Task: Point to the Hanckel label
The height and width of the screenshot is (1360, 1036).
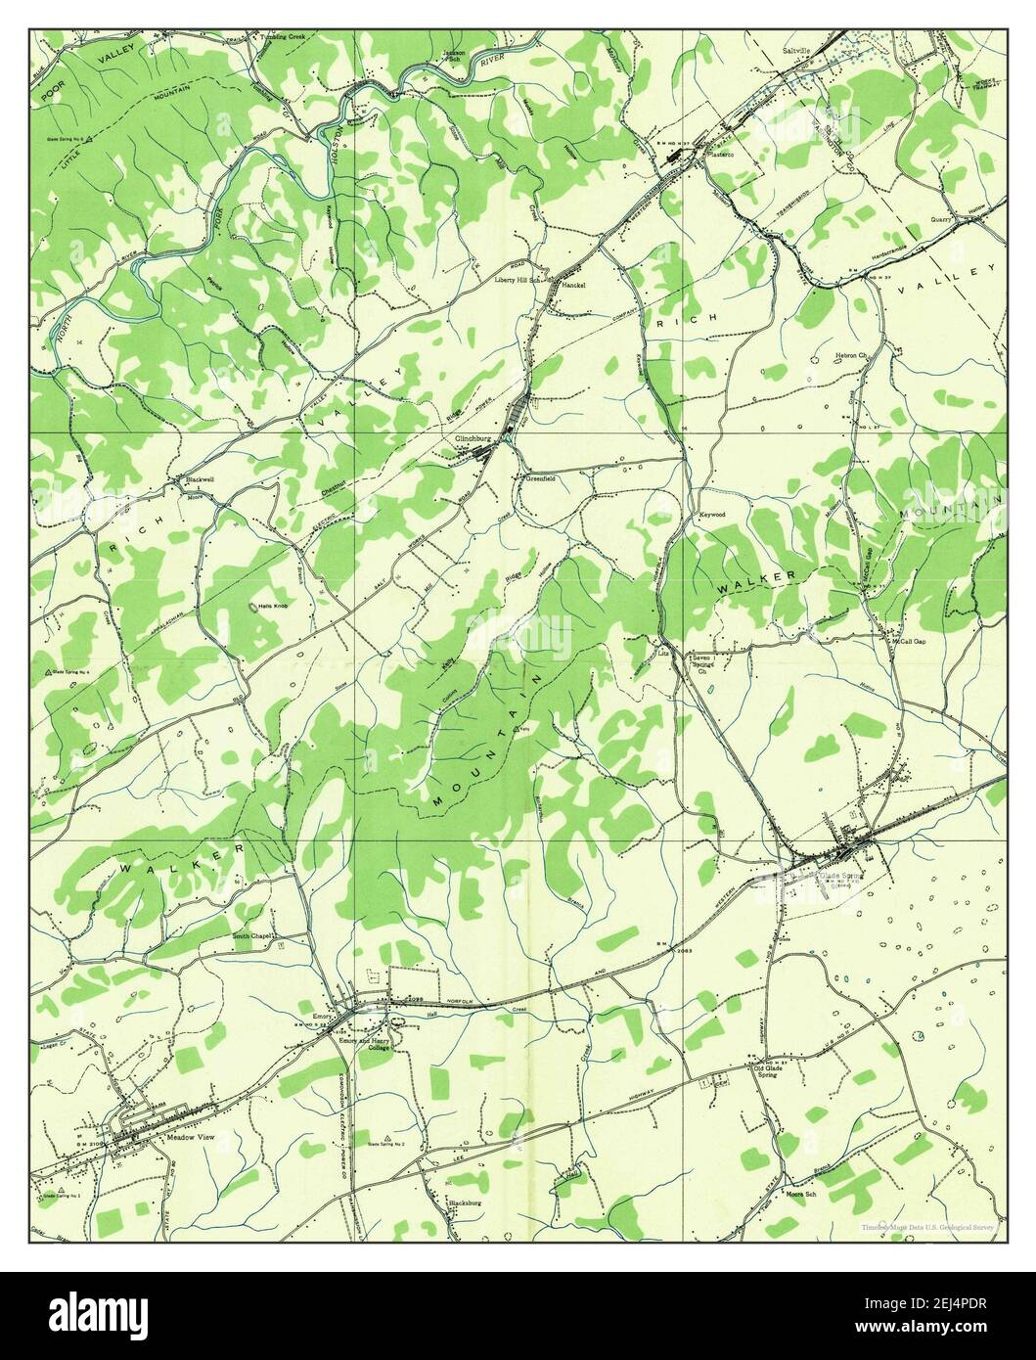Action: (574, 286)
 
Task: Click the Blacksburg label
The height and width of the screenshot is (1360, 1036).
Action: (464, 1202)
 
